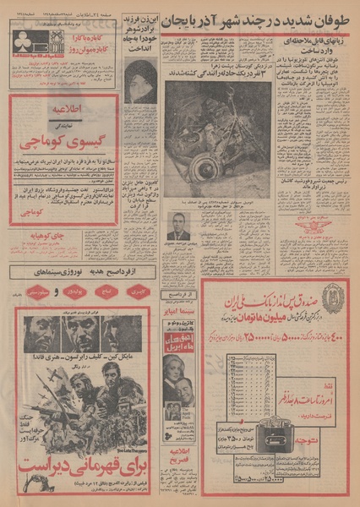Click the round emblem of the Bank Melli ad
(x=333, y=299)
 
